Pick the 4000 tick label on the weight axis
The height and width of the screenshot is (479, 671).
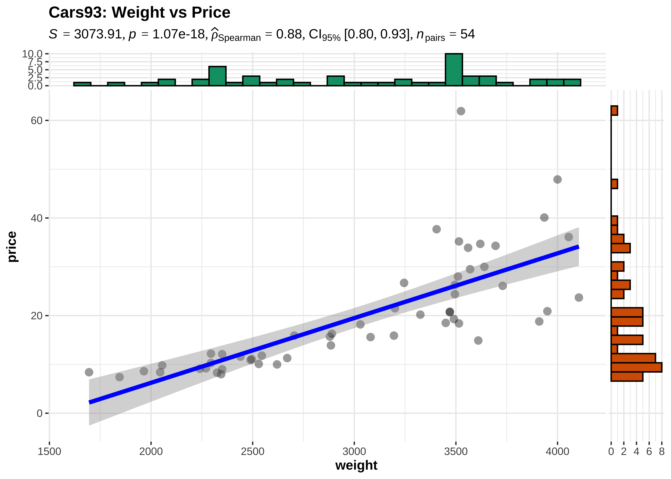[557, 451]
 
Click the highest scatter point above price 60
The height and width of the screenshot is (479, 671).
[461, 111]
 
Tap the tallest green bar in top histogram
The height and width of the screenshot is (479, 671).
[454, 70]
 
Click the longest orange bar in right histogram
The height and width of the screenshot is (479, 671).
[636, 367]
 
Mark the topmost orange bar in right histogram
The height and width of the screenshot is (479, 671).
[614, 111]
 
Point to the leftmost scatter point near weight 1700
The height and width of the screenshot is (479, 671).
[89, 372]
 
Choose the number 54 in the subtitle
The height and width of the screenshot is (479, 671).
[467, 34]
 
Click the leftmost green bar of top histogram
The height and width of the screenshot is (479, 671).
[82, 84]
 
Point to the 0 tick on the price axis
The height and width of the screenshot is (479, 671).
[39, 413]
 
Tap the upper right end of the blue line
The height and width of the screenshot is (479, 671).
[578, 247]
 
